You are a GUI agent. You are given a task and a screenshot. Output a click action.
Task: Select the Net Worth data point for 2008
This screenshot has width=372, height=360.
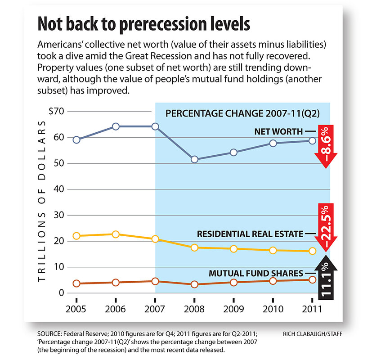(x=194, y=159)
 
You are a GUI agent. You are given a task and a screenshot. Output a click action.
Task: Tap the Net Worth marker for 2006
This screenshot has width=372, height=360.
(x=116, y=126)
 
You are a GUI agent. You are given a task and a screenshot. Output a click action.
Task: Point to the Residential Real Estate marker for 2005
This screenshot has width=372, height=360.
(x=76, y=236)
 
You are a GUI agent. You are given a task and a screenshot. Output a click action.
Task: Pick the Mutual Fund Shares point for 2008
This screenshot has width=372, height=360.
(x=194, y=284)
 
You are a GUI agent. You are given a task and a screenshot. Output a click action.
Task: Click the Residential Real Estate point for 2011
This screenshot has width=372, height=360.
(x=312, y=251)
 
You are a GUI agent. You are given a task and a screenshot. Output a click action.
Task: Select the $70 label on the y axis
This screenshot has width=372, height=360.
(x=57, y=111)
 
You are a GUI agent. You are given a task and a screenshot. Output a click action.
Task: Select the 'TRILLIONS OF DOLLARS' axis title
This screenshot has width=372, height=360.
(x=42, y=201)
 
